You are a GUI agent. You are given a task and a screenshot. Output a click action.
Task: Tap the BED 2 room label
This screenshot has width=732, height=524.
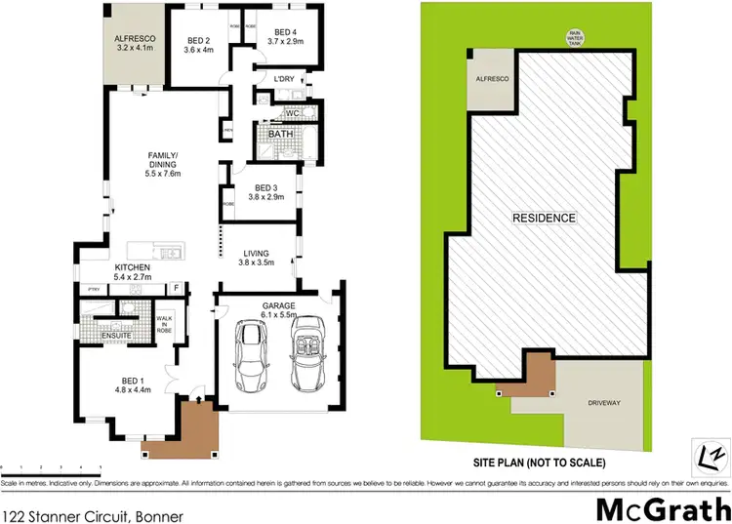199,40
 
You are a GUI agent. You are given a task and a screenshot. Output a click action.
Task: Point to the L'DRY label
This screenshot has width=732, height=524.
284,79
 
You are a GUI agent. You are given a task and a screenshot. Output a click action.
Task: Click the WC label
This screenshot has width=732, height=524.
292,114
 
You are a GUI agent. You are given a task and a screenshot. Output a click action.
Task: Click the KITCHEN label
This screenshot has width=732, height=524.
132,267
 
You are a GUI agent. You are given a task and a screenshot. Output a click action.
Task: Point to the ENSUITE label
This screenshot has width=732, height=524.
117,337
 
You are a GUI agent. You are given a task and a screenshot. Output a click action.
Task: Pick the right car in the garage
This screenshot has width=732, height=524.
310,351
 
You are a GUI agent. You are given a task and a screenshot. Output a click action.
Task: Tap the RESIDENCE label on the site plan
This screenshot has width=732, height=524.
545,218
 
